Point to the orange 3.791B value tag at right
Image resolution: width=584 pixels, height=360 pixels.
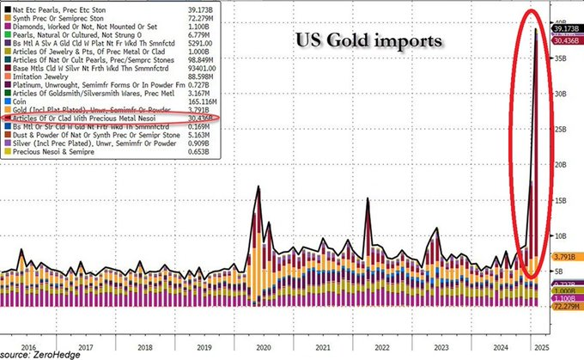click(563, 255)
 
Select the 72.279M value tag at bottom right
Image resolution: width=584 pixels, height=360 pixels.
click(563, 307)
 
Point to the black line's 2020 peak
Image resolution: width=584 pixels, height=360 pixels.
click(258, 186)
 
